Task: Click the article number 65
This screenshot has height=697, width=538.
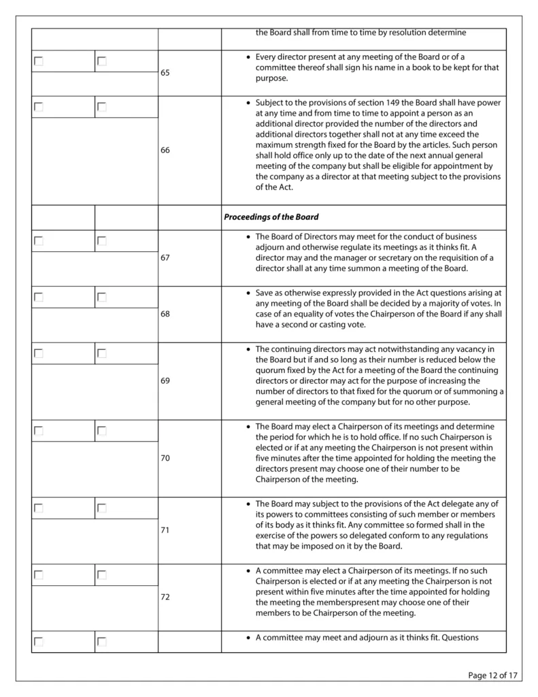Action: [165, 73]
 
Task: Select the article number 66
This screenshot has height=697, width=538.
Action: [165, 150]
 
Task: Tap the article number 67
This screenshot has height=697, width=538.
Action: [165, 259]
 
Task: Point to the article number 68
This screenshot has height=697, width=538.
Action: [165, 314]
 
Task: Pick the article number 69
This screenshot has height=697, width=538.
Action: [165, 381]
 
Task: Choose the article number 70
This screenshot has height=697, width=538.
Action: [165, 458]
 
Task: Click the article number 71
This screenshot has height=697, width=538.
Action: [165, 530]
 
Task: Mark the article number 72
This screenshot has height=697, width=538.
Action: [165, 597]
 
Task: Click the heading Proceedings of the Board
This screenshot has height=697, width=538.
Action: [271, 217]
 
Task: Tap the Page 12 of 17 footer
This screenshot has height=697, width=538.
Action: [493, 675]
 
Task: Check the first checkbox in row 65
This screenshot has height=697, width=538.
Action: [39, 61]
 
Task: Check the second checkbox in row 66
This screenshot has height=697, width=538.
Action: [102, 107]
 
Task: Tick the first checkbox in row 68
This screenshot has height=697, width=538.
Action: [39, 297]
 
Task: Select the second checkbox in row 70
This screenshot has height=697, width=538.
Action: [102, 431]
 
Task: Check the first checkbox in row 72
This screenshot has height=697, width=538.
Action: [39, 575]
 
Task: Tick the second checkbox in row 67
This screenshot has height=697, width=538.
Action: [102, 241]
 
